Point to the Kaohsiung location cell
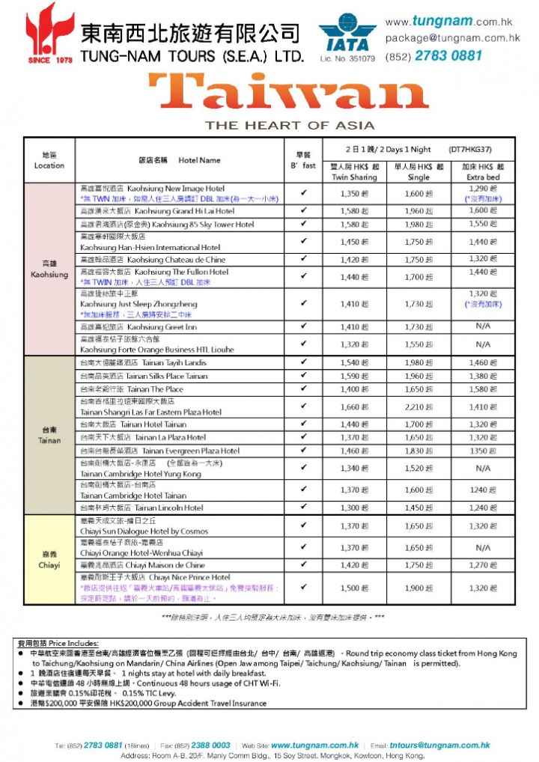(x=49, y=269)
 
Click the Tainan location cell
(x=49, y=435)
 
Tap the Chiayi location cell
(x=49, y=560)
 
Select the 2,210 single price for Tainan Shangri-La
(x=418, y=407)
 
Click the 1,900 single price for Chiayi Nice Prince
(x=418, y=588)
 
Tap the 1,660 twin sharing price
(x=354, y=407)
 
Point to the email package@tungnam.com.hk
(x=452, y=37)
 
